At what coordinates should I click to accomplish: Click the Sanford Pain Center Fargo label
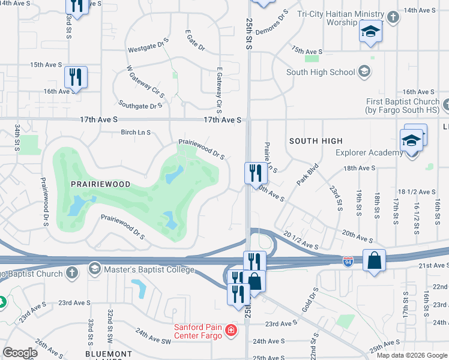[x=198, y=331]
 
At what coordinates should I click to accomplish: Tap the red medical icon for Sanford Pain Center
[x=231, y=331]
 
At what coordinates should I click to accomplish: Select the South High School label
[x=321, y=73]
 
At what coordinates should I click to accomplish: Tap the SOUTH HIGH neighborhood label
[x=315, y=141]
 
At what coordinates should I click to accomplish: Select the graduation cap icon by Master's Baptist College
[x=95, y=268]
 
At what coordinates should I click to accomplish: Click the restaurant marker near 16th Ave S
[x=76, y=77]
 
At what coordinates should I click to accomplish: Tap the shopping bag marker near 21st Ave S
[x=374, y=261]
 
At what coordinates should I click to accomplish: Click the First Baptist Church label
[x=402, y=106]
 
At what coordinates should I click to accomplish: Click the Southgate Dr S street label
[x=141, y=105]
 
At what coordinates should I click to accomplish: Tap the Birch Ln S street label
[x=136, y=132]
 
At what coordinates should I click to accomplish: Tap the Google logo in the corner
[x=20, y=352]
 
